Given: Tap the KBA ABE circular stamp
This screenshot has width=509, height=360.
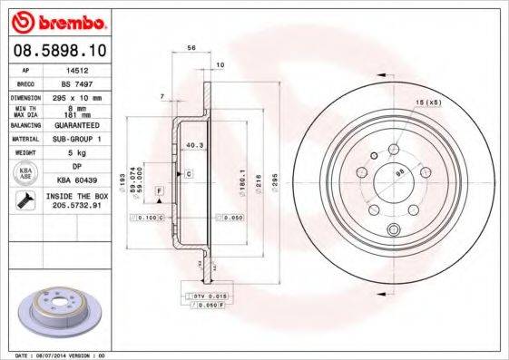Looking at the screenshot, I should [26, 173].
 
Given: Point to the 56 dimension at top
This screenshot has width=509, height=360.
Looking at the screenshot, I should [191, 46].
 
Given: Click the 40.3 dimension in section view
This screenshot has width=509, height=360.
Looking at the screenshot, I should [192, 144].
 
